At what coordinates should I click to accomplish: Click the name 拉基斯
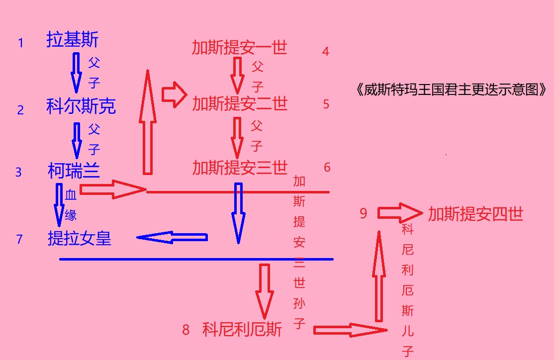[x=73, y=39]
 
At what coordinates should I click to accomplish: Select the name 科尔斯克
[x=81, y=105]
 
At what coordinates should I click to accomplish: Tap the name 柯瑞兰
[x=74, y=171]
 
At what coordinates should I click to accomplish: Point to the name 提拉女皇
[x=80, y=238]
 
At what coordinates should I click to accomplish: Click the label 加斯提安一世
[x=240, y=47]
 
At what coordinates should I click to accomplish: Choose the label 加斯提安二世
[x=240, y=103]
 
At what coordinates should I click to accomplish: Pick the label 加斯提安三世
[x=240, y=168]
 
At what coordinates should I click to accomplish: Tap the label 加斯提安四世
[x=475, y=214]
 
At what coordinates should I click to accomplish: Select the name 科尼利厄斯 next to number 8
[x=242, y=330]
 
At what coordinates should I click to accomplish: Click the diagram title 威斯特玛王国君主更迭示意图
[x=451, y=90]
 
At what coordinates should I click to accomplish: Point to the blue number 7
[x=19, y=239]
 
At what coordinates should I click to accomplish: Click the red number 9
[x=363, y=213]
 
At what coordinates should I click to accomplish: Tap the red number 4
[x=325, y=52]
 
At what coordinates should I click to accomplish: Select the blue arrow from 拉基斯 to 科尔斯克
[x=76, y=73]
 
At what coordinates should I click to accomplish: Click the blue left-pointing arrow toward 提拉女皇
[x=172, y=237]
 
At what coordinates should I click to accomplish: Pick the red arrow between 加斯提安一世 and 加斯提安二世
[x=237, y=76]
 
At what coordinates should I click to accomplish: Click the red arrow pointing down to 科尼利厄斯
[x=264, y=291]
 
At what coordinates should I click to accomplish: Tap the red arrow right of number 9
[x=400, y=213]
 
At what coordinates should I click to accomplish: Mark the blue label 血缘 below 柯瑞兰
[x=71, y=205]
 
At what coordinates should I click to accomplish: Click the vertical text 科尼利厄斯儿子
[x=407, y=290]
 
